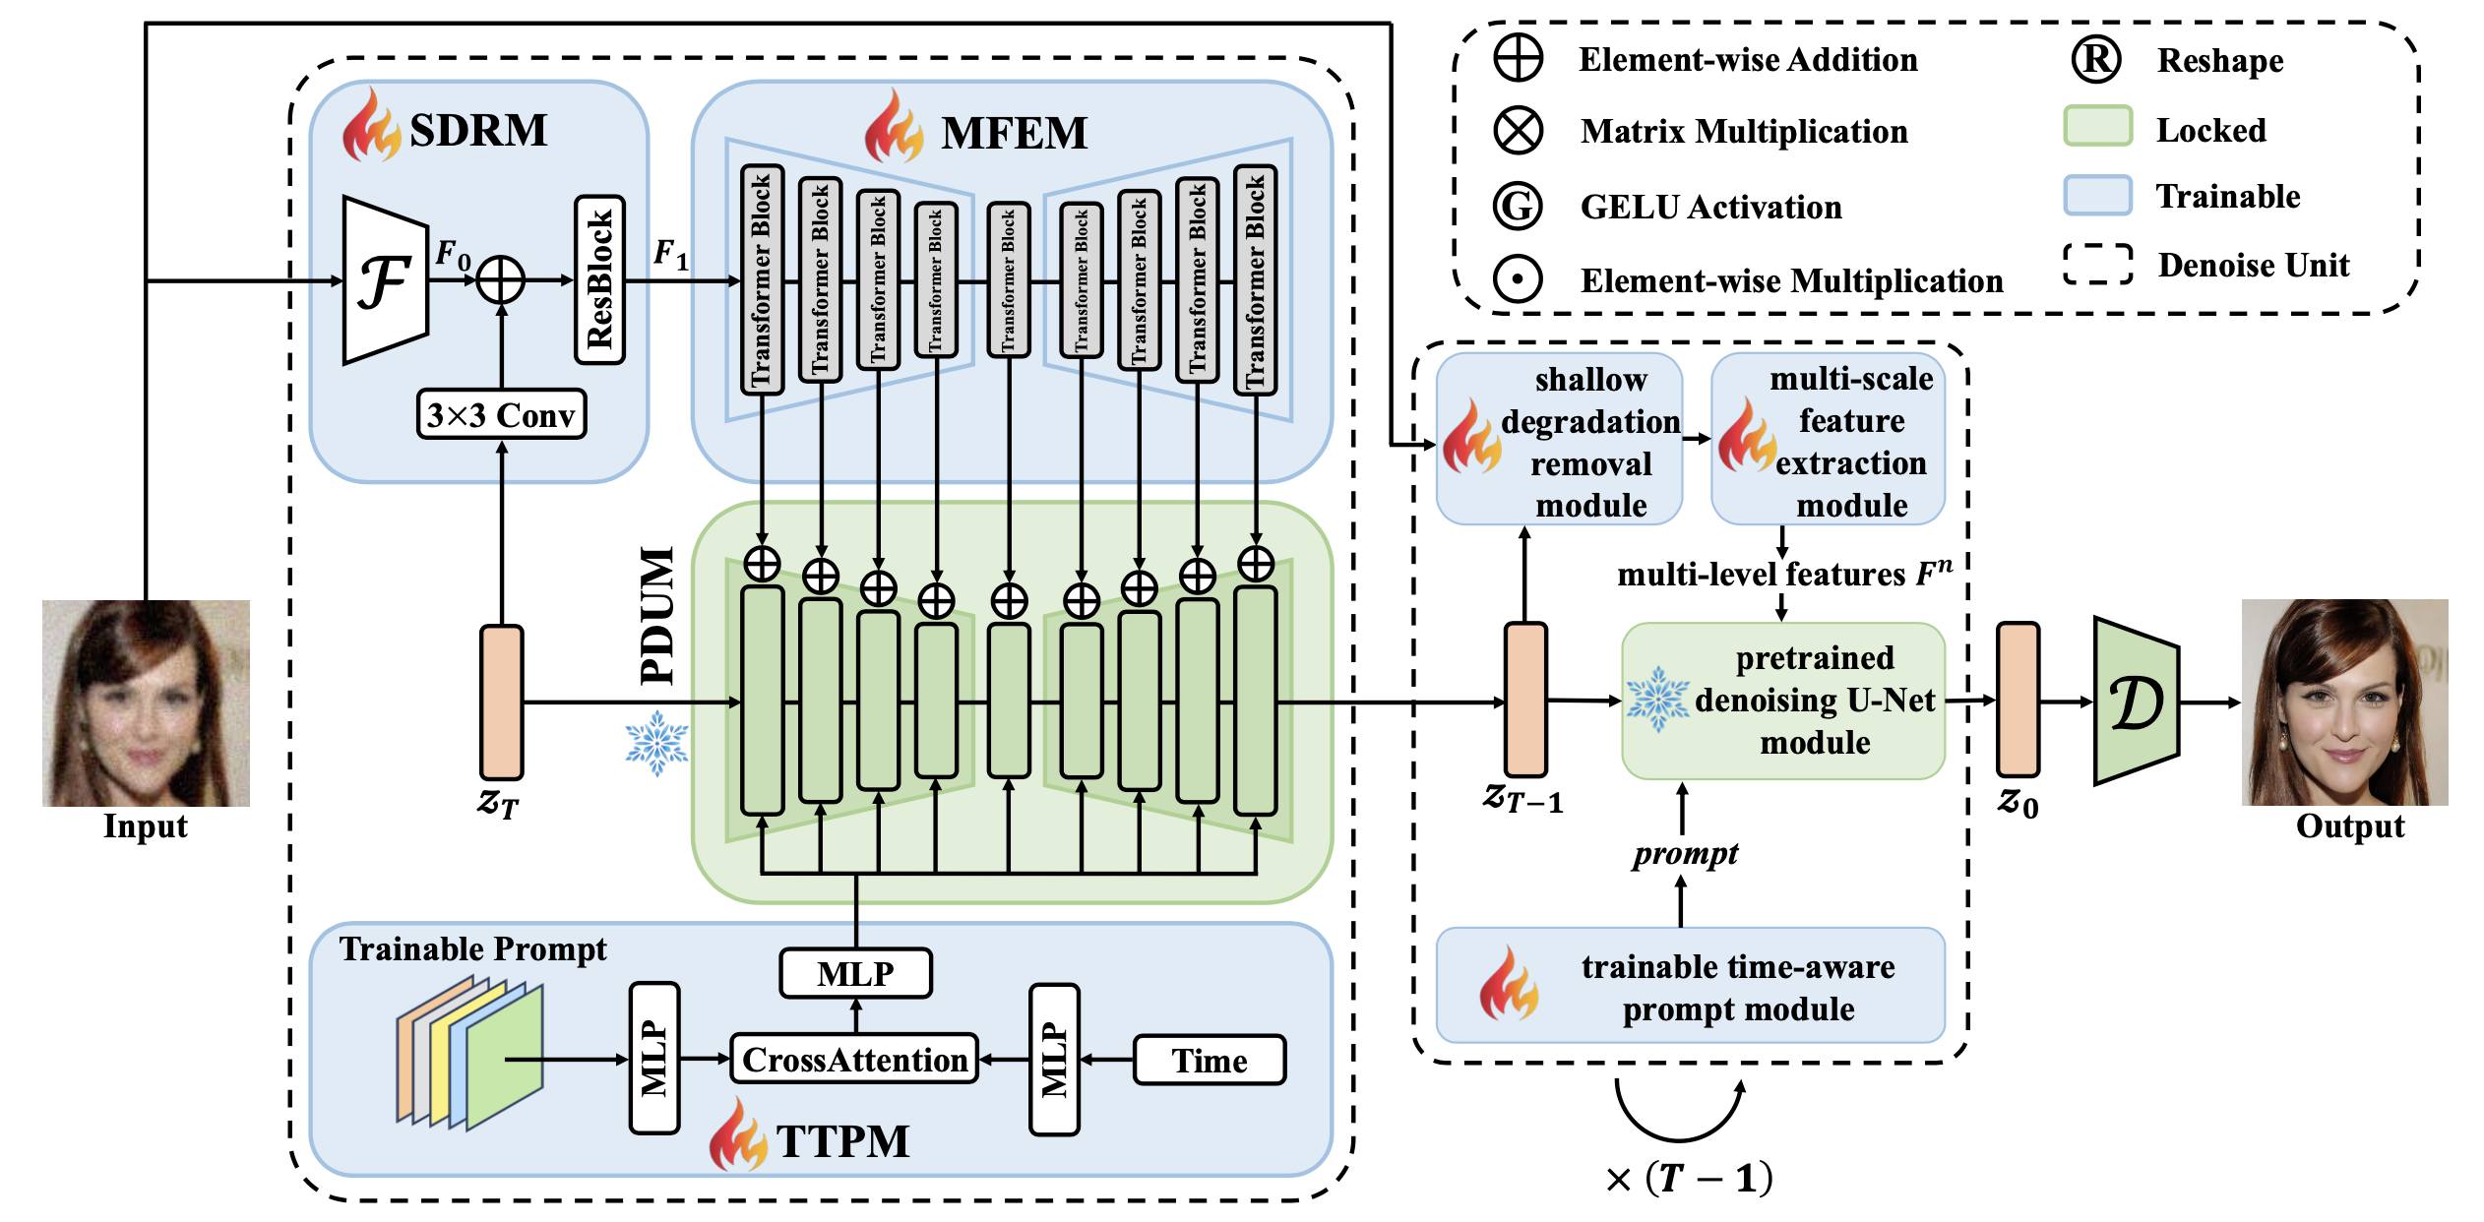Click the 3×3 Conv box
tap(501, 414)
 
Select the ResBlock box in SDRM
tap(599, 280)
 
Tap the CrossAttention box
tap(854, 1060)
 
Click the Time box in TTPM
tap(1209, 1061)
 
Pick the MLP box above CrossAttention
tap(855, 973)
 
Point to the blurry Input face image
tap(146, 703)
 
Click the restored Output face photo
tap(2344, 703)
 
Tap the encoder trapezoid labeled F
tap(385, 281)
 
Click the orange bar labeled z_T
tap(501, 703)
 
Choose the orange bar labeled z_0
tap(2018, 700)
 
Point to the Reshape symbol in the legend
tap(2095, 60)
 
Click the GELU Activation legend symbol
tap(1518, 207)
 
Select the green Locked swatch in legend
tap(2097, 127)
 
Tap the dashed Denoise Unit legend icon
tap(2097, 264)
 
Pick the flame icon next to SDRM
tap(371, 127)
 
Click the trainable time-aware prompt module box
tap(1690, 987)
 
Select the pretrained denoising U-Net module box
tap(1782, 701)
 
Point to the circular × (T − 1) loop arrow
tap(1679, 1112)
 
